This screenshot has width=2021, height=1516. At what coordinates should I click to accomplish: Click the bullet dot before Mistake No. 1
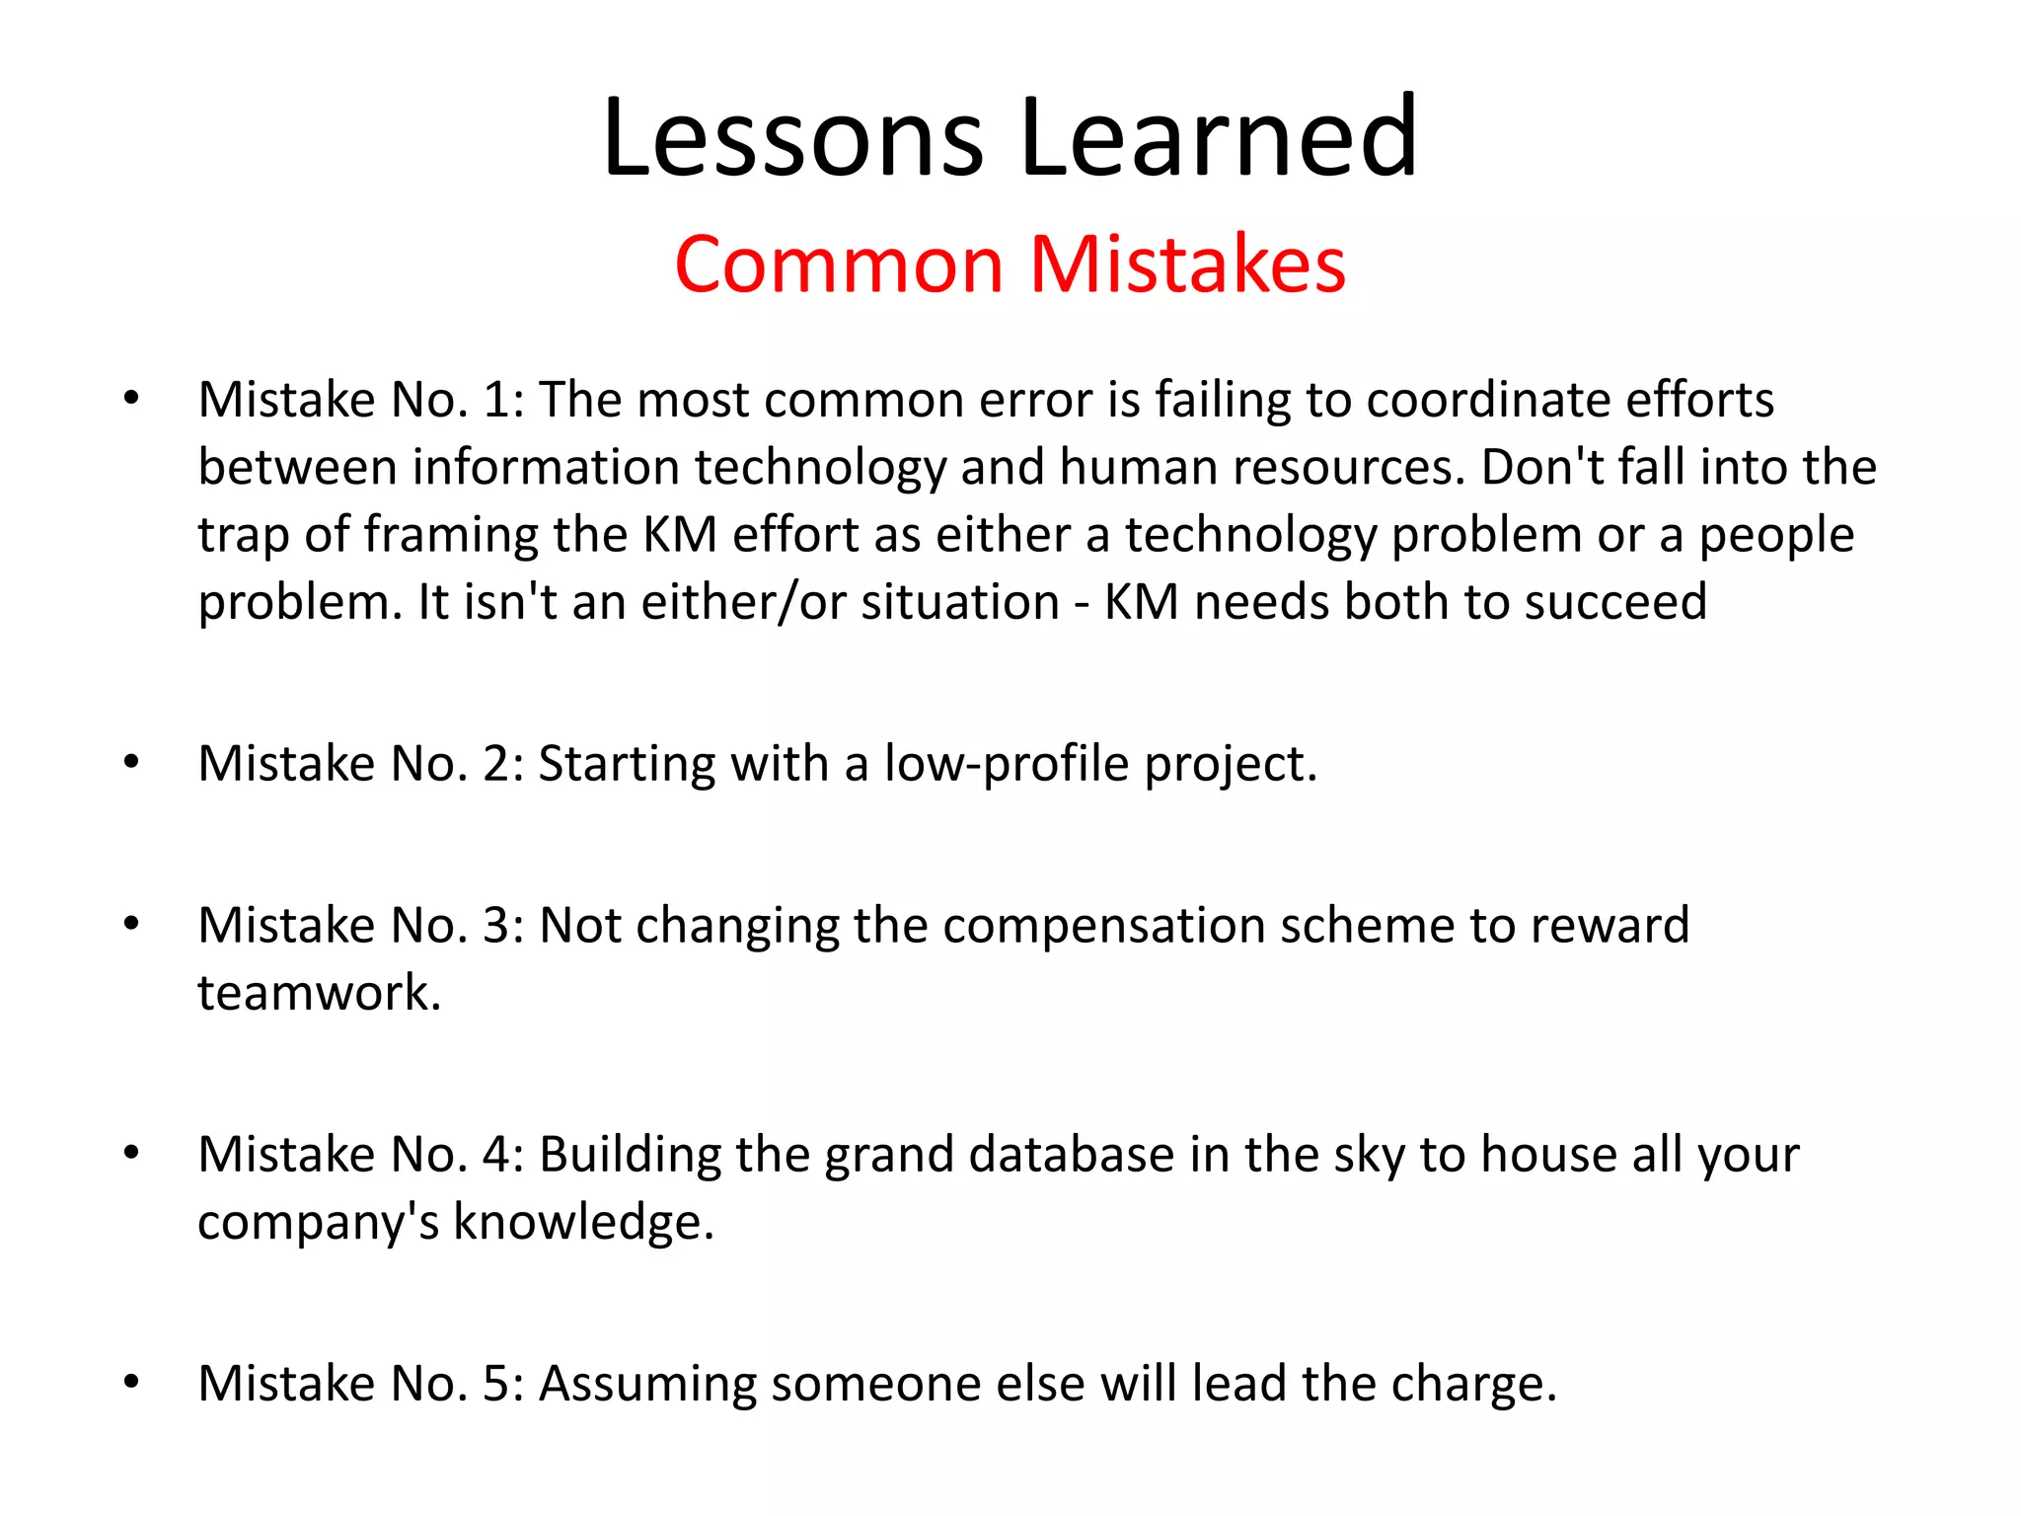pyautogui.click(x=131, y=399)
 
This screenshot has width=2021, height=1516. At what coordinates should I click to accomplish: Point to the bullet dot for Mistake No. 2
pyautogui.click(x=131, y=762)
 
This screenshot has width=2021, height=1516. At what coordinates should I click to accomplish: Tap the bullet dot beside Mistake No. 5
pyautogui.click(x=131, y=1382)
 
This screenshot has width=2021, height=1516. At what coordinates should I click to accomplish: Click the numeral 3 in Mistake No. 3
pyautogui.click(x=495, y=926)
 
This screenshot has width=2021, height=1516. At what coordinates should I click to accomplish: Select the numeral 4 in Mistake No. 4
pyautogui.click(x=495, y=1155)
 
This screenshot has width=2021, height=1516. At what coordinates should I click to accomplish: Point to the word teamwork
pyautogui.click(x=318, y=993)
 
